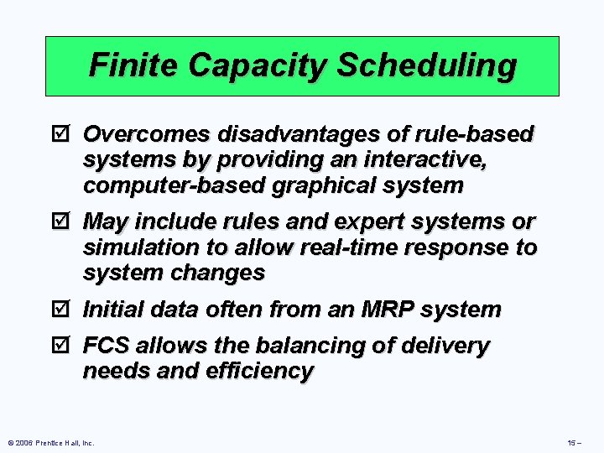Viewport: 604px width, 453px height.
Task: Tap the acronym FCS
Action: click(107, 346)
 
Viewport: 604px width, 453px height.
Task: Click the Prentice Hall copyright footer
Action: click(50, 442)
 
